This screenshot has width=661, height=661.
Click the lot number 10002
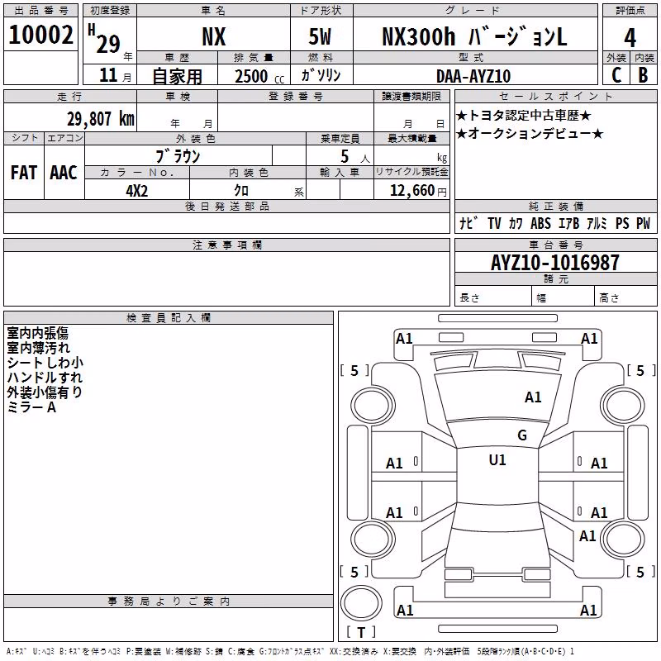(40, 35)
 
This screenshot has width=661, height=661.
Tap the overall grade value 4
(630, 38)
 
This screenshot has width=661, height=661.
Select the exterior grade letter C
(616, 75)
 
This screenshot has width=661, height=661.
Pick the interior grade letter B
(643, 75)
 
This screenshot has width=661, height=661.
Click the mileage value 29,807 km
(101, 119)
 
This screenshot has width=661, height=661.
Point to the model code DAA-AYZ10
(473, 76)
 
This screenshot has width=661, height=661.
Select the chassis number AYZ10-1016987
(554, 263)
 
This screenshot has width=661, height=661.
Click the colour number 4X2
(137, 191)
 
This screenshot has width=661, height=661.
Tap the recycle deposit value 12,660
(412, 191)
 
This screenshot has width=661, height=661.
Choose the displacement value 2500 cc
(259, 76)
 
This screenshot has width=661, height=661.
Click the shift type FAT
(24, 173)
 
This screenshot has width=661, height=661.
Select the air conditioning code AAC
(64, 173)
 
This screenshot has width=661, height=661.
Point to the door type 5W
(320, 36)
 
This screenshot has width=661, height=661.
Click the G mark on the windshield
(522, 435)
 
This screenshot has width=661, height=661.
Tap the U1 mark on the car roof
(497, 460)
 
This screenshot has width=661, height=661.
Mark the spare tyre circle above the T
(361, 603)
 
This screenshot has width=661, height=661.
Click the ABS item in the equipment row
(540, 223)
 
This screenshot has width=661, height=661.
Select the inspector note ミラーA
(31, 407)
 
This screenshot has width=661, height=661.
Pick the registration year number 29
(108, 44)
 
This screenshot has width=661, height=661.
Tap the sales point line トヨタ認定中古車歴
(524, 115)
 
